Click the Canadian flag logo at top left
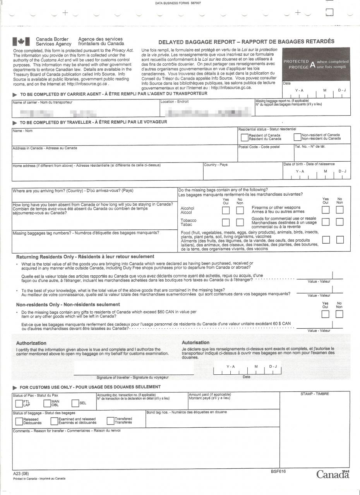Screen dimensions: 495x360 21,42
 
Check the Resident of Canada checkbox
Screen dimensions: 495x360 244,137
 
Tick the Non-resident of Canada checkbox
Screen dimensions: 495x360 297,137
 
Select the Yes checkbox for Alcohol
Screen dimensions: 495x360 226,210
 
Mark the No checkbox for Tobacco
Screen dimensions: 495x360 240,222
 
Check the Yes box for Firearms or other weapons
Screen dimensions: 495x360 326,210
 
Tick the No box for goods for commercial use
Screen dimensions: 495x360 339,222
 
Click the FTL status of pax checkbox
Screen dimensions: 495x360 19,403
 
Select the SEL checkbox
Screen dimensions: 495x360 75,403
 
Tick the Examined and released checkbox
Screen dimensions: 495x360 54,421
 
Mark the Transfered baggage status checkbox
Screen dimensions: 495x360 110,421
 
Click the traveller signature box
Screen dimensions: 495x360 134,368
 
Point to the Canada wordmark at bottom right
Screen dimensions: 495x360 333,475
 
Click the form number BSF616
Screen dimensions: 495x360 278,471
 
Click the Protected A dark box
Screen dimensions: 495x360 316,64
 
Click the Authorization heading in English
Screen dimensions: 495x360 31,343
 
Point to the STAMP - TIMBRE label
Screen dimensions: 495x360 314,394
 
